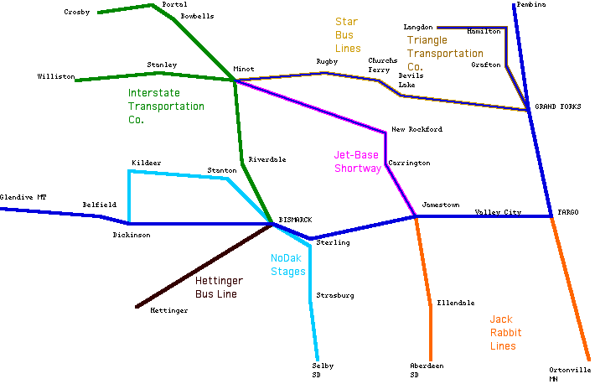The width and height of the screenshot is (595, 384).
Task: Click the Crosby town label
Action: [77, 12]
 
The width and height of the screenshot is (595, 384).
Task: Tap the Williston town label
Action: [55, 76]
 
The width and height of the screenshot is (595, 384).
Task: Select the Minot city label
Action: [244, 70]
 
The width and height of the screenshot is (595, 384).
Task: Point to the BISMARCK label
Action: [295, 220]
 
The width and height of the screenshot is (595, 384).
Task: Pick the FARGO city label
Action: [567, 212]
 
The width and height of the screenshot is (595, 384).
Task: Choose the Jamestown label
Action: [441, 205]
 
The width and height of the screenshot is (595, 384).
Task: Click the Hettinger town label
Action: [168, 310]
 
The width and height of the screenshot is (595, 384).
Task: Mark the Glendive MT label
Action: [23, 197]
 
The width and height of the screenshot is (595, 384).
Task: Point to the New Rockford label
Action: [416, 129]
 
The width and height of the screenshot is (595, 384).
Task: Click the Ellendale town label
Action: [455, 303]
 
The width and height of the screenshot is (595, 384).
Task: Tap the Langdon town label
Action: [418, 28]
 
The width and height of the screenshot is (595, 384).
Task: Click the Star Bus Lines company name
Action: [348, 35]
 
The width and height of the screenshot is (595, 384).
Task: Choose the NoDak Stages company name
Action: [288, 265]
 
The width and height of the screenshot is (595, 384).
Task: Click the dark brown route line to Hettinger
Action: [201, 267]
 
